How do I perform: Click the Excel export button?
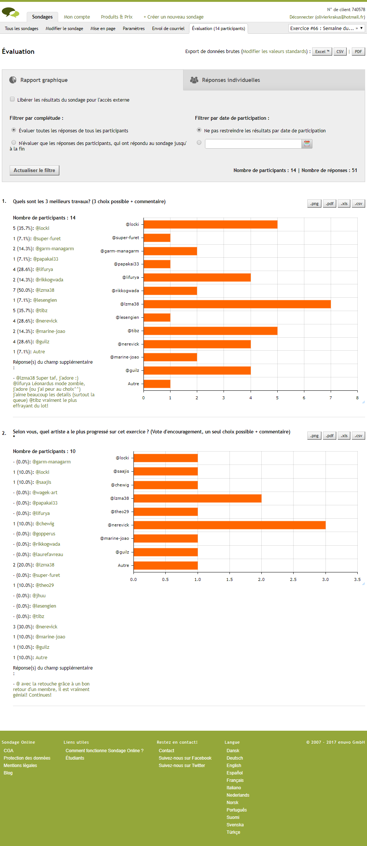click(x=322, y=52)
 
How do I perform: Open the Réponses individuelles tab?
click(x=231, y=80)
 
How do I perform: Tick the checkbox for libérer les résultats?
click(x=12, y=99)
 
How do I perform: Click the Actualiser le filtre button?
click(x=34, y=170)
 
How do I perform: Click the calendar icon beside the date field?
click(x=307, y=143)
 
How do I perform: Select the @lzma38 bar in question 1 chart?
click(x=237, y=304)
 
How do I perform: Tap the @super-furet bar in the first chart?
click(x=157, y=238)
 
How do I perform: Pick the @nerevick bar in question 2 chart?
click(x=229, y=525)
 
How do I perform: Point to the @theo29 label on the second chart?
click(x=120, y=512)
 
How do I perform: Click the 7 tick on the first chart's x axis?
click(x=331, y=398)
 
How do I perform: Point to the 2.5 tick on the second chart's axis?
click(x=293, y=579)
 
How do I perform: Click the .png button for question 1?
click(x=314, y=204)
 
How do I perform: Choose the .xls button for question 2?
click(x=344, y=436)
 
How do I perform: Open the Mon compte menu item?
click(x=77, y=17)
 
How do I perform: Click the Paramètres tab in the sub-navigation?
click(x=133, y=29)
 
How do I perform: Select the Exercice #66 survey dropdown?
click(x=326, y=28)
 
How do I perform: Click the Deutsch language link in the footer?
click(x=235, y=758)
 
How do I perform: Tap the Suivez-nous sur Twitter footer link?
click(x=182, y=766)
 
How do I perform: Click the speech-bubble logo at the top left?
click(x=10, y=13)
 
